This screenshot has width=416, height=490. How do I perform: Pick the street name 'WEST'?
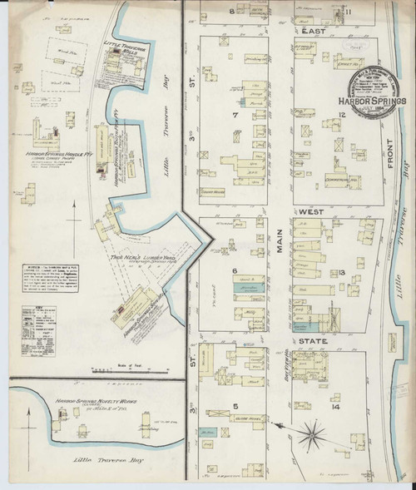(312, 212)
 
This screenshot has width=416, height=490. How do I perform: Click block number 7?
(236, 115)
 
